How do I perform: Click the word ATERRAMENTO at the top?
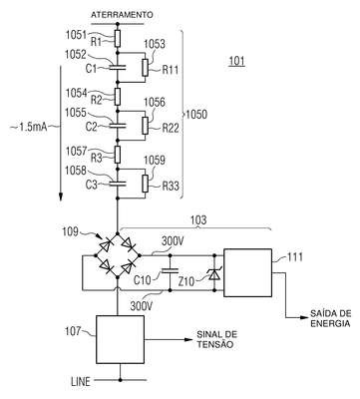click(x=122, y=15)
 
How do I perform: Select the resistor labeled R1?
click(x=118, y=39)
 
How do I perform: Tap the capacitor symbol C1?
click(x=118, y=68)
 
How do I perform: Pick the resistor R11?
click(x=145, y=68)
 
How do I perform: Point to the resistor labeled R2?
click(x=118, y=97)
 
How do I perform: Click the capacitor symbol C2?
click(x=118, y=126)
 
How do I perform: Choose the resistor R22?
click(x=145, y=126)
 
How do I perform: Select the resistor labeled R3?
click(x=118, y=155)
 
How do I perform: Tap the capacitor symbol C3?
click(x=118, y=184)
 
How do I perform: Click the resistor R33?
click(x=145, y=184)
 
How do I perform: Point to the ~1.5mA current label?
click(x=29, y=127)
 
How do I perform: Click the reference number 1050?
click(x=196, y=115)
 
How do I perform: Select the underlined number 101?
click(x=236, y=61)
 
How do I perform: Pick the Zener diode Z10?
click(x=213, y=273)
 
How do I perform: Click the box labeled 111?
click(x=247, y=272)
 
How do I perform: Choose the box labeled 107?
click(x=121, y=339)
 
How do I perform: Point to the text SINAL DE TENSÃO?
click(x=217, y=339)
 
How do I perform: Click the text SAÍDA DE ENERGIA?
click(x=330, y=318)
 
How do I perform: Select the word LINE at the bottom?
click(x=81, y=381)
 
